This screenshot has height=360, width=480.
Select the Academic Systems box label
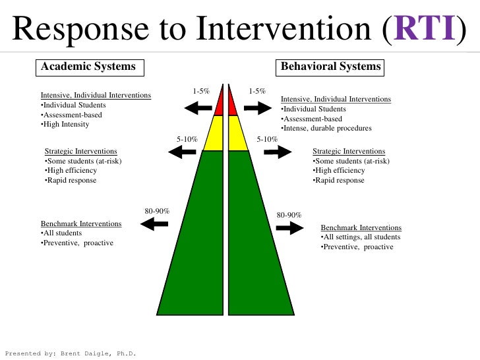coord(88,67)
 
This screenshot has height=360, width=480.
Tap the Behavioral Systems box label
coord(330,67)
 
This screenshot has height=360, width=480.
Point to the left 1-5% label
coord(201,92)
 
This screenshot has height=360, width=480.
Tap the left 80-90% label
coord(157,211)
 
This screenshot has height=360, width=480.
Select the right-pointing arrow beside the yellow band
coord(277,152)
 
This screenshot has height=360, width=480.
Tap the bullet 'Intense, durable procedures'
coord(326,128)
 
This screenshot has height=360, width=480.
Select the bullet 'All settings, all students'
coord(361,237)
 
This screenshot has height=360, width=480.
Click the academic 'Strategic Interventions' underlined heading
coord(80,152)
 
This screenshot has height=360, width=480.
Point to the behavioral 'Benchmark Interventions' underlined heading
coord(361,227)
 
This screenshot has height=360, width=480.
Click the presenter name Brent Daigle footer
coord(70,353)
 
